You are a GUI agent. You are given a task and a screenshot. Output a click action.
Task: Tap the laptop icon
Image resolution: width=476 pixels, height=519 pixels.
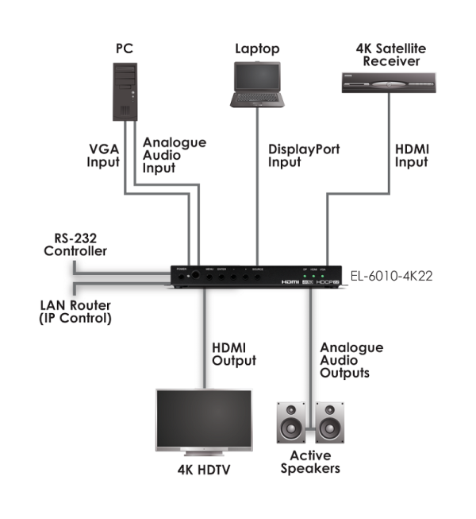[257, 87]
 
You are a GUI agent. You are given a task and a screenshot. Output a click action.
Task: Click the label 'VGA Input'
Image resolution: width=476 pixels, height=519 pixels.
[104, 156]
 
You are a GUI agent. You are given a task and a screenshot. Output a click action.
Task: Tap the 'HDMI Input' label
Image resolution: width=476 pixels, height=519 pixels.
[412, 156]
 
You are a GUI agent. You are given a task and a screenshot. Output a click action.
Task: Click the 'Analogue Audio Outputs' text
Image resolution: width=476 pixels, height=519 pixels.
[351, 360]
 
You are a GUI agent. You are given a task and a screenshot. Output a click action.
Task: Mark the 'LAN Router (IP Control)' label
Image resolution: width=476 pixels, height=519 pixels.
[76, 312]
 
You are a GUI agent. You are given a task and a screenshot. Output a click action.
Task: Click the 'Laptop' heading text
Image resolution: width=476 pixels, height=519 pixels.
[257, 49]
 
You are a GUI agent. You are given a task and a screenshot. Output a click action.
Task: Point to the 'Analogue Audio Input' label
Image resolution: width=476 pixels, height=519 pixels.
[174, 156]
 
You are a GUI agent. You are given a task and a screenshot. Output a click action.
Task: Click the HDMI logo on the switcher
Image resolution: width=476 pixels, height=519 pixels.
[292, 282]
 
